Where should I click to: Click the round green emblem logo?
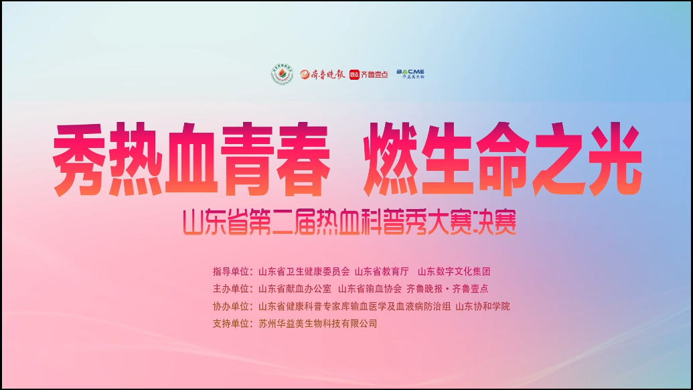point(282,74)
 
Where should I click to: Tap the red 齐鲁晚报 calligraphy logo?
point(322,74)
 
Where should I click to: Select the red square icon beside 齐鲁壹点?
point(354,75)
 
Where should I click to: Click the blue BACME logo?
point(410,73)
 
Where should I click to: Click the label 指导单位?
point(231,272)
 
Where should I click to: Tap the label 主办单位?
point(231,289)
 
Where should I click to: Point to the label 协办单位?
point(231,307)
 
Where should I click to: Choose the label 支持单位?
point(231,324)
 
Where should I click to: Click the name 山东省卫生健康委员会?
point(304,272)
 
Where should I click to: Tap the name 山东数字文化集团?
point(454,272)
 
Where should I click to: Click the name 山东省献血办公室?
point(295,289)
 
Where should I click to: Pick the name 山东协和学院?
point(482,307)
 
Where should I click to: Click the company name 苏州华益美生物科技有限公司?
point(317,324)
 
